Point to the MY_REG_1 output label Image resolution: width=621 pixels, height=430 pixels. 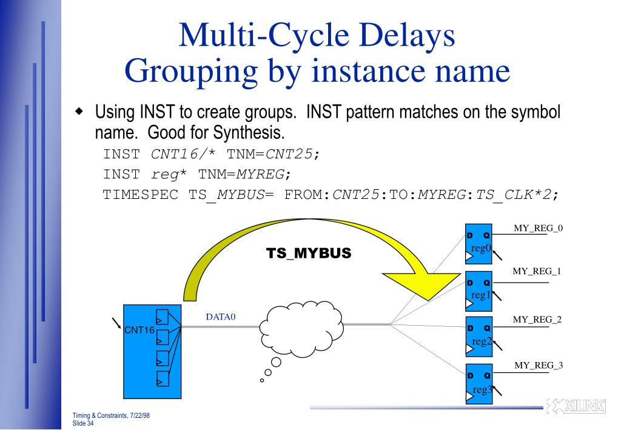pyautogui.click(x=537, y=271)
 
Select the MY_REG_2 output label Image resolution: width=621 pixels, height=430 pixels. pyautogui.click(x=537, y=318)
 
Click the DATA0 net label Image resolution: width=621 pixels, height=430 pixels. pyautogui.click(x=221, y=317)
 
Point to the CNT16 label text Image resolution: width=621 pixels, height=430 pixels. pyautogui.click(x=138, y=331)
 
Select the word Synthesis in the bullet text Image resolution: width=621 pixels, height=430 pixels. pyautogui.click(x=247, y=131)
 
